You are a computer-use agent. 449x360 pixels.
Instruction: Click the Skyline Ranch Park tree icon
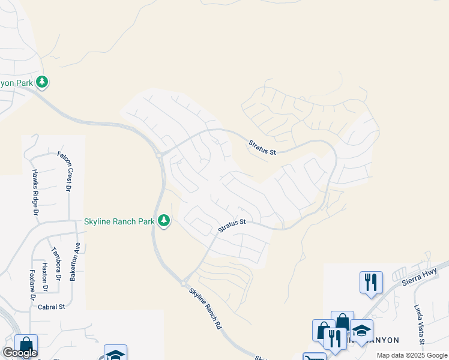coord(164,221)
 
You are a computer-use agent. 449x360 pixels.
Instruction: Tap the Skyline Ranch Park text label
coord(119,221)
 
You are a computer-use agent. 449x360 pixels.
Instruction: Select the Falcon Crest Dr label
coord(64,171)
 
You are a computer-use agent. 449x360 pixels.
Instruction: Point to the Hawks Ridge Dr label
coord(35,192)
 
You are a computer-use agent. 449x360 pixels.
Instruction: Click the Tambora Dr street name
coord(56,263)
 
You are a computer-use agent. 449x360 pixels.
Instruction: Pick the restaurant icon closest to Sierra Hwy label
coord(371,281)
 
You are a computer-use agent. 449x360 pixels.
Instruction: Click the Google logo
coord(20,353)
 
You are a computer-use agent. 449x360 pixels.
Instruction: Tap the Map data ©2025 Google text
coord(412,355)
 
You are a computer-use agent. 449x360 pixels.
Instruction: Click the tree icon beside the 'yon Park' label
coord(41,82)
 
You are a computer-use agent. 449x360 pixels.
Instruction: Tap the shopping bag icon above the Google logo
coord(26,344)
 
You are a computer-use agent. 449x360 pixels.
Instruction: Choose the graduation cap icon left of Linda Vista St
coord(361,332)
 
